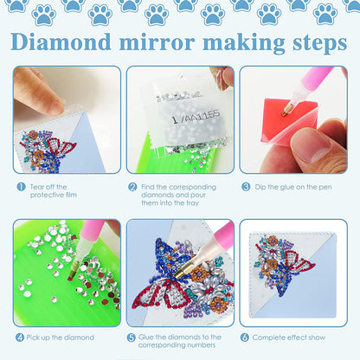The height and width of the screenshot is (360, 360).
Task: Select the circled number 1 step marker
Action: (x=19, y=186)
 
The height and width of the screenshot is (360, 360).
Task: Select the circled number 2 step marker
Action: (x=132, y=186)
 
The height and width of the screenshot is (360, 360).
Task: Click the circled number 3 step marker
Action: (x=246, y=186)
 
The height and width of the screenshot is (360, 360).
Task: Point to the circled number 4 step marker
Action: (x=19, y=337)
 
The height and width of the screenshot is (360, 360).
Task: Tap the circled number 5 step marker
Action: (x=132, y=337)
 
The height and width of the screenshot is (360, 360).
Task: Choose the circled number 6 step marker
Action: (x=246, y=337)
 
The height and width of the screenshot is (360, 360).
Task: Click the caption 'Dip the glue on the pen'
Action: (x=293, y=186)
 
